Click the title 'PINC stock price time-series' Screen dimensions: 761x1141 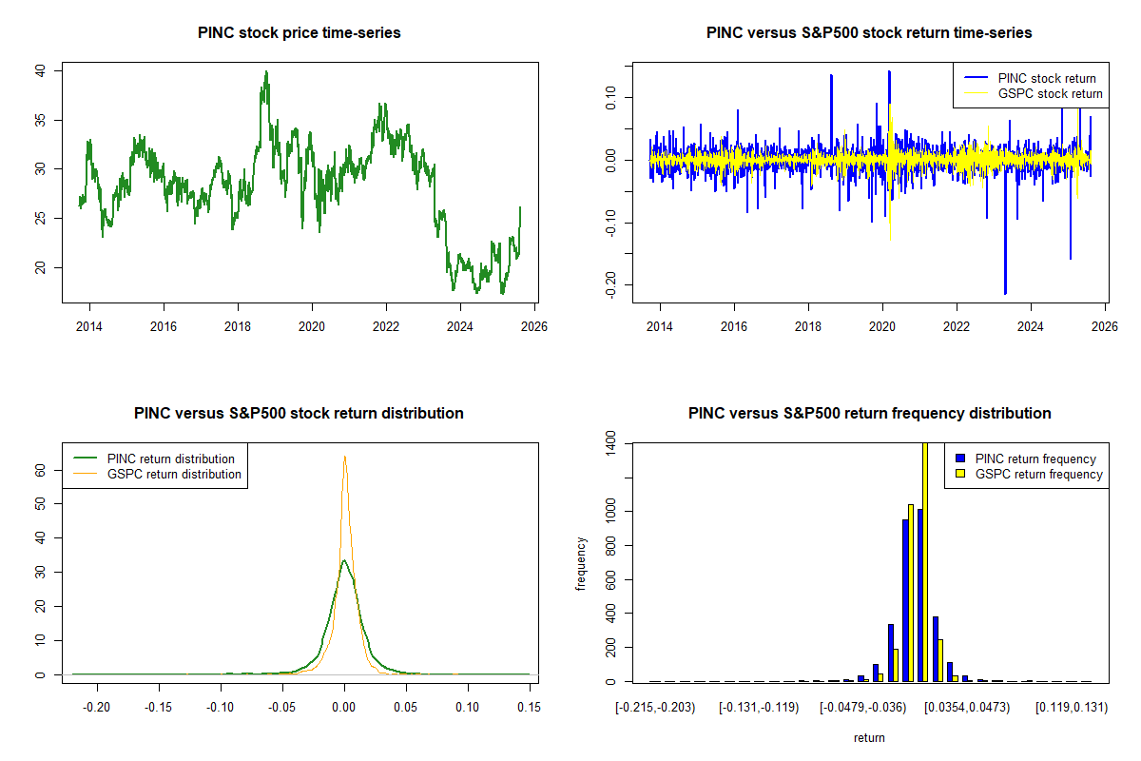(300, 33)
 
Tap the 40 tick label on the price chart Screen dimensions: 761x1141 (40, 70)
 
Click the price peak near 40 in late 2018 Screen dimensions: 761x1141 (266, 72)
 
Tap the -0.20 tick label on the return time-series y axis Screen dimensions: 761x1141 (610, 283)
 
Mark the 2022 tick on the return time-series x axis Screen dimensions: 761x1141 (957, 326)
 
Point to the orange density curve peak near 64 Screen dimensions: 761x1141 (344, 457)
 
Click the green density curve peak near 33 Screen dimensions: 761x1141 (344, 560)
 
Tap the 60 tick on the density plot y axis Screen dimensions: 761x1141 (40, 470)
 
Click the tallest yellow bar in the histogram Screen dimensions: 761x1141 (925, 561)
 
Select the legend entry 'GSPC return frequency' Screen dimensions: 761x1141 (1039, 474)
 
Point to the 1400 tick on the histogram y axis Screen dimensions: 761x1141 (610, 443)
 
